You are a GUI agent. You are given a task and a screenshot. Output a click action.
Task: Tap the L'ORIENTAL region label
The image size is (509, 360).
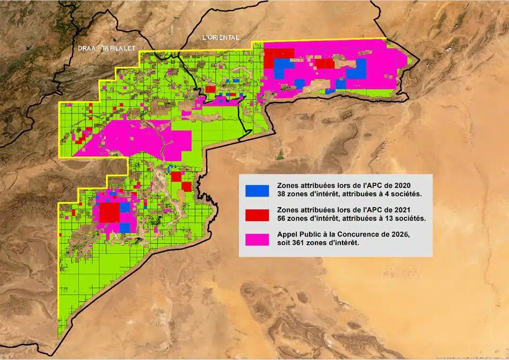click(x=221, y=38)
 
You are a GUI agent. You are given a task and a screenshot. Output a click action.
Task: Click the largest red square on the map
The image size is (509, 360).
click(x=109, y=212)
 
